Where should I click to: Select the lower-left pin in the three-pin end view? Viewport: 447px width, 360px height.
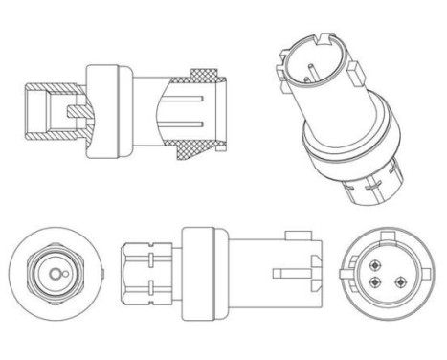[x=380, y=281]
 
